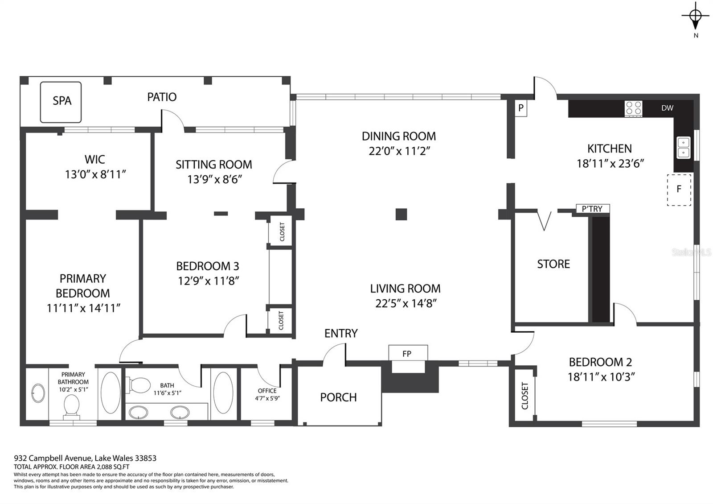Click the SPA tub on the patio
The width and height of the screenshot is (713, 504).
[61, 102]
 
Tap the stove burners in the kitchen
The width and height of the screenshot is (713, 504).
[633, 108]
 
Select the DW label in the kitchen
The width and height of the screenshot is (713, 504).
[667, 108]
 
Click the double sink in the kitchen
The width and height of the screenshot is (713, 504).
[684, 148]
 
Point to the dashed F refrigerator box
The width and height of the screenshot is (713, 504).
[679, 190]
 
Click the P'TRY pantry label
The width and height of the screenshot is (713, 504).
[592, 209]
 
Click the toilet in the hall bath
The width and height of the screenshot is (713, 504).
[138, 385]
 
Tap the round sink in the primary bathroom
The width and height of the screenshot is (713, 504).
[38, 393]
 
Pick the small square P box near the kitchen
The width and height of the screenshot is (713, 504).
[521, 108]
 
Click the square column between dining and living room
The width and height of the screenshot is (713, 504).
[401, 215]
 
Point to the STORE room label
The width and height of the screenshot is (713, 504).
[553, 264]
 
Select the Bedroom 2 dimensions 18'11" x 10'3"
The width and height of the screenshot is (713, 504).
[601, 377]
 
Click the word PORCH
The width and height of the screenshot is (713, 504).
[338, 397]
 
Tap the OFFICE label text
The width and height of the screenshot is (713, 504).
[267, 391]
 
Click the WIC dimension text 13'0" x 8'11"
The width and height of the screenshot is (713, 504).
[95, 174]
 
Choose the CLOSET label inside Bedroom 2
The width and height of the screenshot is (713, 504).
[525, 396]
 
